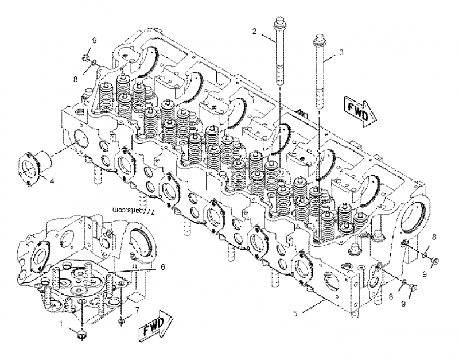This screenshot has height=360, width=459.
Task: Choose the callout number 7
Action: click(137, 311)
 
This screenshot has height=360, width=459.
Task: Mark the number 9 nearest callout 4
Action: click(95, 40)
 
